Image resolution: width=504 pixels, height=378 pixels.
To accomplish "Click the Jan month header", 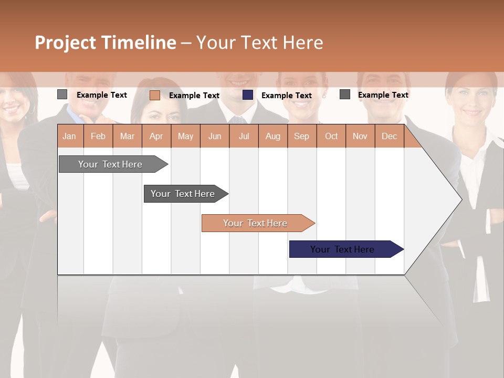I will coord(69,136).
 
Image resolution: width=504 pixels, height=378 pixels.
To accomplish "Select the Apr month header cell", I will coord(156,136).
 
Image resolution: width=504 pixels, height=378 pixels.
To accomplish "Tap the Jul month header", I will coord(244,136).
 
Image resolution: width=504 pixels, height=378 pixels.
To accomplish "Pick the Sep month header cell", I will coord(301,136).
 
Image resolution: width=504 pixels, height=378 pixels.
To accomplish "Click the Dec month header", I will coord(389,136).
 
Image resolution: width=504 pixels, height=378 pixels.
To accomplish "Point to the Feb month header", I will coord(98,136).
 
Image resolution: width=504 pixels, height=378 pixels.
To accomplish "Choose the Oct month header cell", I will coord(331,136).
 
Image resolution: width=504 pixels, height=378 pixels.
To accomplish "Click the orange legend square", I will coord(154,95).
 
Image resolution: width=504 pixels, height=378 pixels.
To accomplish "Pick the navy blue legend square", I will coord(248,95).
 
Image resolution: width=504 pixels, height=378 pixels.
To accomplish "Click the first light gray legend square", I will coord(62,94).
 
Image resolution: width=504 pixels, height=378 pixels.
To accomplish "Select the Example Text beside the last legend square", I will coord(383,94).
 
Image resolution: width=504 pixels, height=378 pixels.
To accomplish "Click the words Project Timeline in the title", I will coord(105,43).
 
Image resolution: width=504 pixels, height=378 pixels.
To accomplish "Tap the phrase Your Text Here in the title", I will coord(259,43).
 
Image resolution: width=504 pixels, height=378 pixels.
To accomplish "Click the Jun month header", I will coord(214,136).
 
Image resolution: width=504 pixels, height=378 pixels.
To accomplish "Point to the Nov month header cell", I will coord(360,136).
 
